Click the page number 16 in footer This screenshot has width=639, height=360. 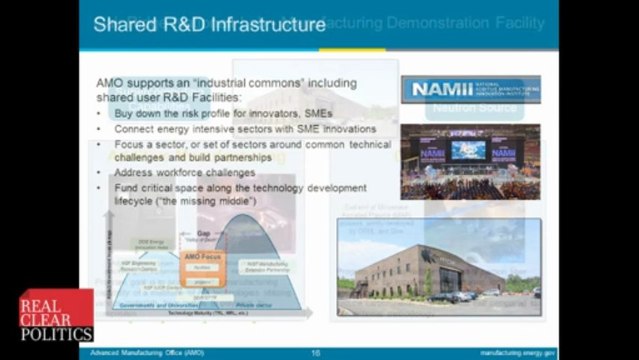point(316,353)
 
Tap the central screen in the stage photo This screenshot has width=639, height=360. point(468,150)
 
